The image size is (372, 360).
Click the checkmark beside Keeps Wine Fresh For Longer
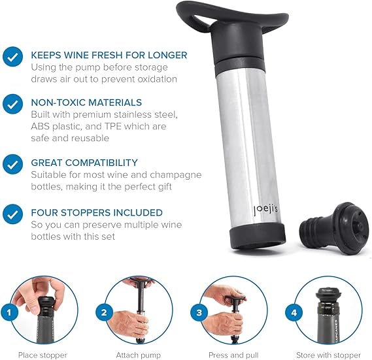pyautogui.click(x=13, y=57)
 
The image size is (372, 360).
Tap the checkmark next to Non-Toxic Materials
pyautogui.click(x=13, y=104)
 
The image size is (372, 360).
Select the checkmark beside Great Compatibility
pyautogui.click(x=13, y=164)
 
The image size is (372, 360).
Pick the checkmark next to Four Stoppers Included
pyautogui.click(x=13, y=214)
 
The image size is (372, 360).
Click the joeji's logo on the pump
pyautogui.click(x=265, y=210)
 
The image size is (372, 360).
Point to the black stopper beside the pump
pyautogui.click(x=335, y=228)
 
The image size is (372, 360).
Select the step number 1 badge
pyautogui.click(x=9, y=312)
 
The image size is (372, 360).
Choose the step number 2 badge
pyautogui.click(x=104, y=312)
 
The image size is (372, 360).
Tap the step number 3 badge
pyautogui.click(x=199, y=312)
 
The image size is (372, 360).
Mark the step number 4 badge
pyautogui.click(x=294, y=312)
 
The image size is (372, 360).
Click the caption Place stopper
pyautogui.click(x=42, y=355)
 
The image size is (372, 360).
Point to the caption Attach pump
pyautogui.click(x=139, y=355)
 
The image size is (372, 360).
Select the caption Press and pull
pyautogui.click(x=233, y=355)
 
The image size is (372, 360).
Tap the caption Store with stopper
pyautogui.click(x=329, y=355)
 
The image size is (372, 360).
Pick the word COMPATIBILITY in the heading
pyautogui.click(x=101, y=163)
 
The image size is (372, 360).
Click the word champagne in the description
pyautogui.click(x=176, y=175)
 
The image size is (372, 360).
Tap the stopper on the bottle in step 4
pyautogui.click(x=328, y=297)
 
